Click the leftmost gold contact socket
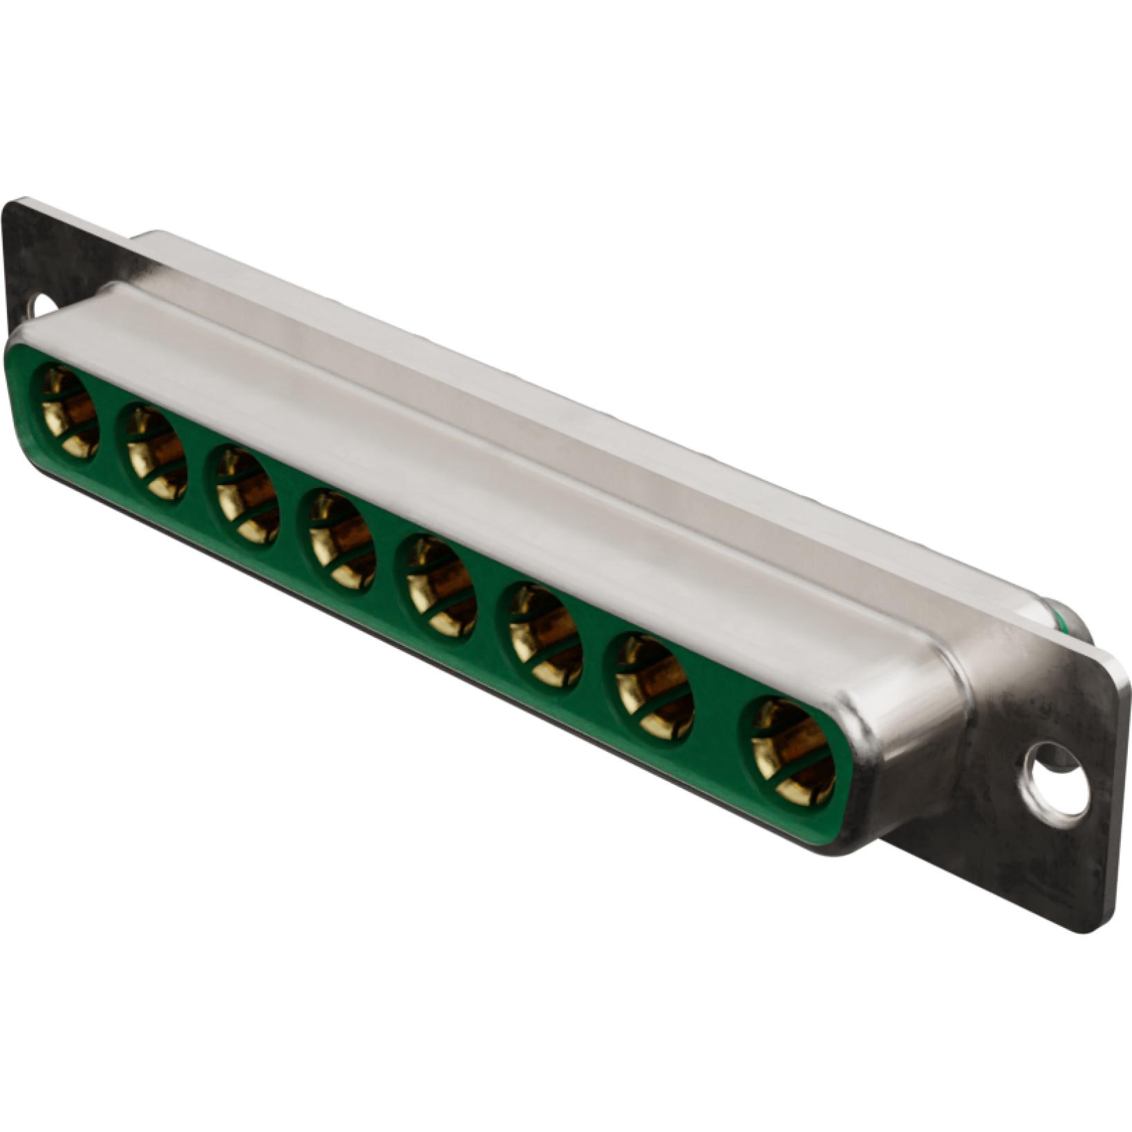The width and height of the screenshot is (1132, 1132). point(69,412)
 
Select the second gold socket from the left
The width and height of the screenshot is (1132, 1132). point(156,453)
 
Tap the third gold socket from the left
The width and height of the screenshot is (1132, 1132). point(247,496)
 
